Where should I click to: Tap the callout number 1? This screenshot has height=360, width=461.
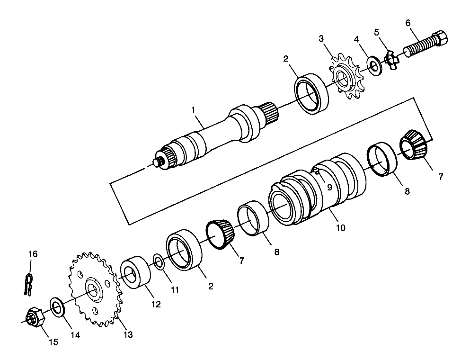193,109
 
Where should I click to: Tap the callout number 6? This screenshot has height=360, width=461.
408,23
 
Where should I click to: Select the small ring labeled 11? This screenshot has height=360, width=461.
159,261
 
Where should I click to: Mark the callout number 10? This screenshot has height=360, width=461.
340,228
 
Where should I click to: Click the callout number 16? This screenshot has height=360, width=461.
32,254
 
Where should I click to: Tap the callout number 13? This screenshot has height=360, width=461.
128,335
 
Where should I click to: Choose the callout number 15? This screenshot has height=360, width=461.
53,342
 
